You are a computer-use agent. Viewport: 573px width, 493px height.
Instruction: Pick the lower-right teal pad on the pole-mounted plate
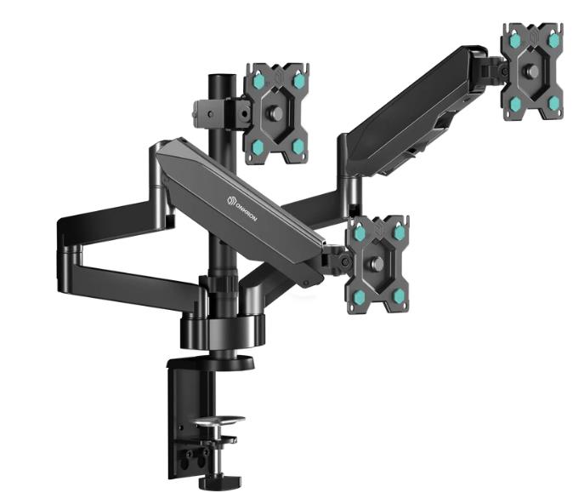point(298,146)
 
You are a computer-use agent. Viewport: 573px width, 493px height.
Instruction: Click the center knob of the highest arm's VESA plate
point(534,71)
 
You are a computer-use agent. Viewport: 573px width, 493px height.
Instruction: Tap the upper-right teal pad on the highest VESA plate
point(553,40)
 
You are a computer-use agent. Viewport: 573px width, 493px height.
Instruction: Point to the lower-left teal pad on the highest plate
point(515,104)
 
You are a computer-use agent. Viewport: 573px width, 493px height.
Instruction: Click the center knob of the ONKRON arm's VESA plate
point(379,263)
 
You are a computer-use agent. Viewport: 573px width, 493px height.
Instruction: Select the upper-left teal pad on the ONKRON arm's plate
point(360,232)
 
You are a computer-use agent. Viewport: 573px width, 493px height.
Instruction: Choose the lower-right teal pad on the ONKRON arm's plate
point(398,295)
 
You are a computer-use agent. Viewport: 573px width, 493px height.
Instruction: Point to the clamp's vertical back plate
point(180,417)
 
